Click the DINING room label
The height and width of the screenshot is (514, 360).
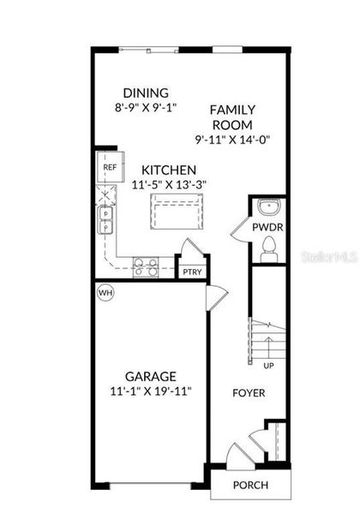(145, 93)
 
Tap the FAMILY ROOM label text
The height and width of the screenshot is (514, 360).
(232, 117)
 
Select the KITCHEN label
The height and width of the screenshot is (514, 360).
(170, 170)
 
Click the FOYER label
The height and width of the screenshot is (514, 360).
(249, 393)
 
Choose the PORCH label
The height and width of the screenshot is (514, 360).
(250, 485)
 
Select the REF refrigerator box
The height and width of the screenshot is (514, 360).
(110, 167)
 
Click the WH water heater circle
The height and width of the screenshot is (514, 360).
(105, 292)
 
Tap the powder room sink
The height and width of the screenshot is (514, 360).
(269, 208)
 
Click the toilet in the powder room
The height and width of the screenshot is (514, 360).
(269, 249)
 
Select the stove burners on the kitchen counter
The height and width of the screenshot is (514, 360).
(145, 267)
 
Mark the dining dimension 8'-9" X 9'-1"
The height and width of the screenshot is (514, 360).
(145, 109)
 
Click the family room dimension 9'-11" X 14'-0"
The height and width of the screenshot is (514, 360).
(232, 140)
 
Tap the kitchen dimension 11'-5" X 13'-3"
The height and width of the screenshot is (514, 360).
(170, 184)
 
